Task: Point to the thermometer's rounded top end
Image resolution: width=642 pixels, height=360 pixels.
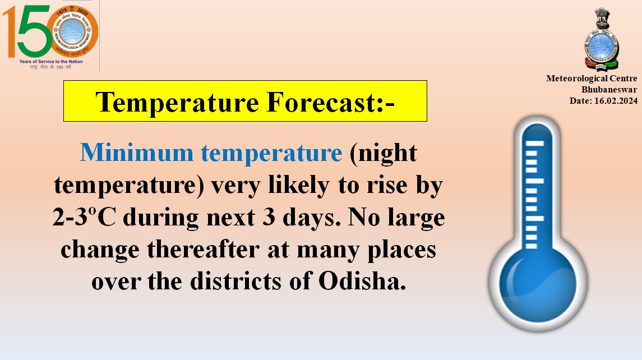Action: click(537, 126)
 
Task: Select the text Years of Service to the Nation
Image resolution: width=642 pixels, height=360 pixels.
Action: click(50, 62)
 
